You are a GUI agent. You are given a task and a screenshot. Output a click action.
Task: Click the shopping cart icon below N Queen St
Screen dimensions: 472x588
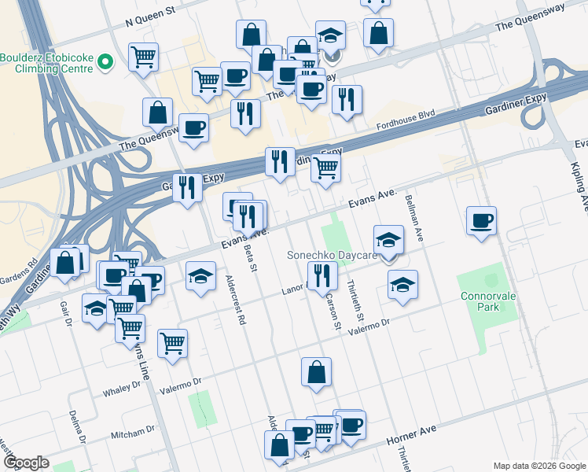click(x=143, y=56)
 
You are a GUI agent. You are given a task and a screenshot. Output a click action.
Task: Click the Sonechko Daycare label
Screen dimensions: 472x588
click(x=333, y=256)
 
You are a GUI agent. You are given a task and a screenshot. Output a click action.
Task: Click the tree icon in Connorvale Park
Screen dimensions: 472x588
click(x=492, y=279)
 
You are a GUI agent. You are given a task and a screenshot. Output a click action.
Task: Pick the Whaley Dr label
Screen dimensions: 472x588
click(x=126, y=391)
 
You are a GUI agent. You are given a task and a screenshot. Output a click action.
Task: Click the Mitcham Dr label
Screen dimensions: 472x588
click(x=133, y=432)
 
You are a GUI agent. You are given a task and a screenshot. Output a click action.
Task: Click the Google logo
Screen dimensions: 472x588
click(x=27, y=462)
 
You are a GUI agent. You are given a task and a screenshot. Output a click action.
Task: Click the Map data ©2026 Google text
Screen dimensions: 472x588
click(x=538, y=465)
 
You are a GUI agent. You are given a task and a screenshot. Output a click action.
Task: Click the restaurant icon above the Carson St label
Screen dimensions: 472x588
click(x=322, y=275)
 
